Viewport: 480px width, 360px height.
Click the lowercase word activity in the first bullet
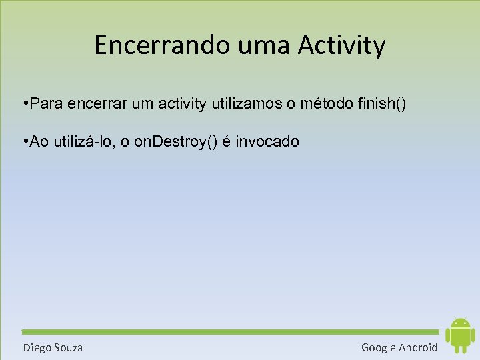pyautogui.click(x=185, y=105)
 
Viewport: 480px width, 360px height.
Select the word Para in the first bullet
pyautogui.click(x=45, y=105)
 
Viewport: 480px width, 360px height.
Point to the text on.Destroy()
pyautogui.click(x=175, y=142)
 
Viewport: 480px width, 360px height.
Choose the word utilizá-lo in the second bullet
pyautogui.click(x=83, y=142)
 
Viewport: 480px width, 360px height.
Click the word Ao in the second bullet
pyautogui.click(x=39, y=142)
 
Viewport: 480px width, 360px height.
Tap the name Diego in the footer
pyautogui.click(x=37, y=347)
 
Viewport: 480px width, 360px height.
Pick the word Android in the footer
pyautogui.click(x=419, y=347)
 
